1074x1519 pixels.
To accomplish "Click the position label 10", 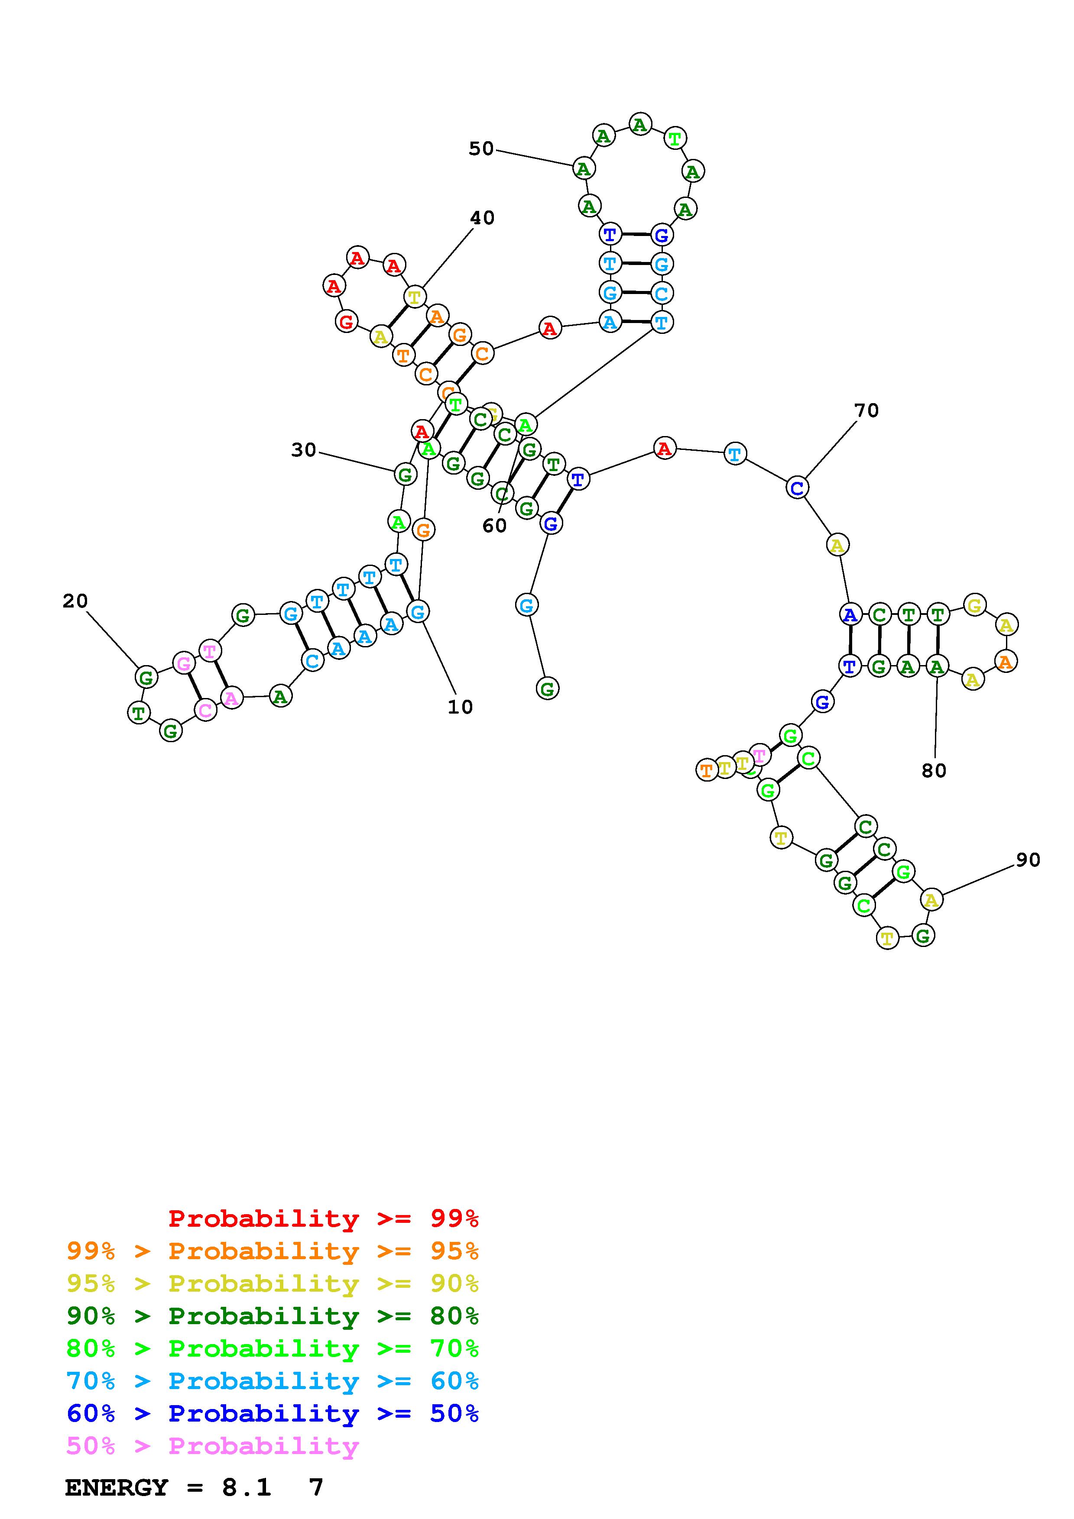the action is point(460,707).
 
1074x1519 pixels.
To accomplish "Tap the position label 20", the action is point(75,601).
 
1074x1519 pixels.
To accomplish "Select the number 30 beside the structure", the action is point(304,450).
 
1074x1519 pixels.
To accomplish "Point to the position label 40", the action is point(482,218).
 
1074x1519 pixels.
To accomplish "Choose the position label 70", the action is point(866,411).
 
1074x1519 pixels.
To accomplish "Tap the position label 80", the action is point(934,770).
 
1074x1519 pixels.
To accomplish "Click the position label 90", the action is point(1028,860).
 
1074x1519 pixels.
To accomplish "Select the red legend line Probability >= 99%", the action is point(324,1218).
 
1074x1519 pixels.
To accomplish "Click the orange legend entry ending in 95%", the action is point(273,1251).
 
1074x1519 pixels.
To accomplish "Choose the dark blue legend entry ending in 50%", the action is point(273,1413).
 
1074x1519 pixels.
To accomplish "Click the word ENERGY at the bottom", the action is point(117,1488).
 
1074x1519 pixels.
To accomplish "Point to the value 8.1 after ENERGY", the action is point(246,1488).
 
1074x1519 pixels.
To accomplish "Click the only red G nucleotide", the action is point(346,322).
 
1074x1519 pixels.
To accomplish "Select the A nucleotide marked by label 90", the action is point(931,900).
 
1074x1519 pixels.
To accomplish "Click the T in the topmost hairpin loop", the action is point(674,139).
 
